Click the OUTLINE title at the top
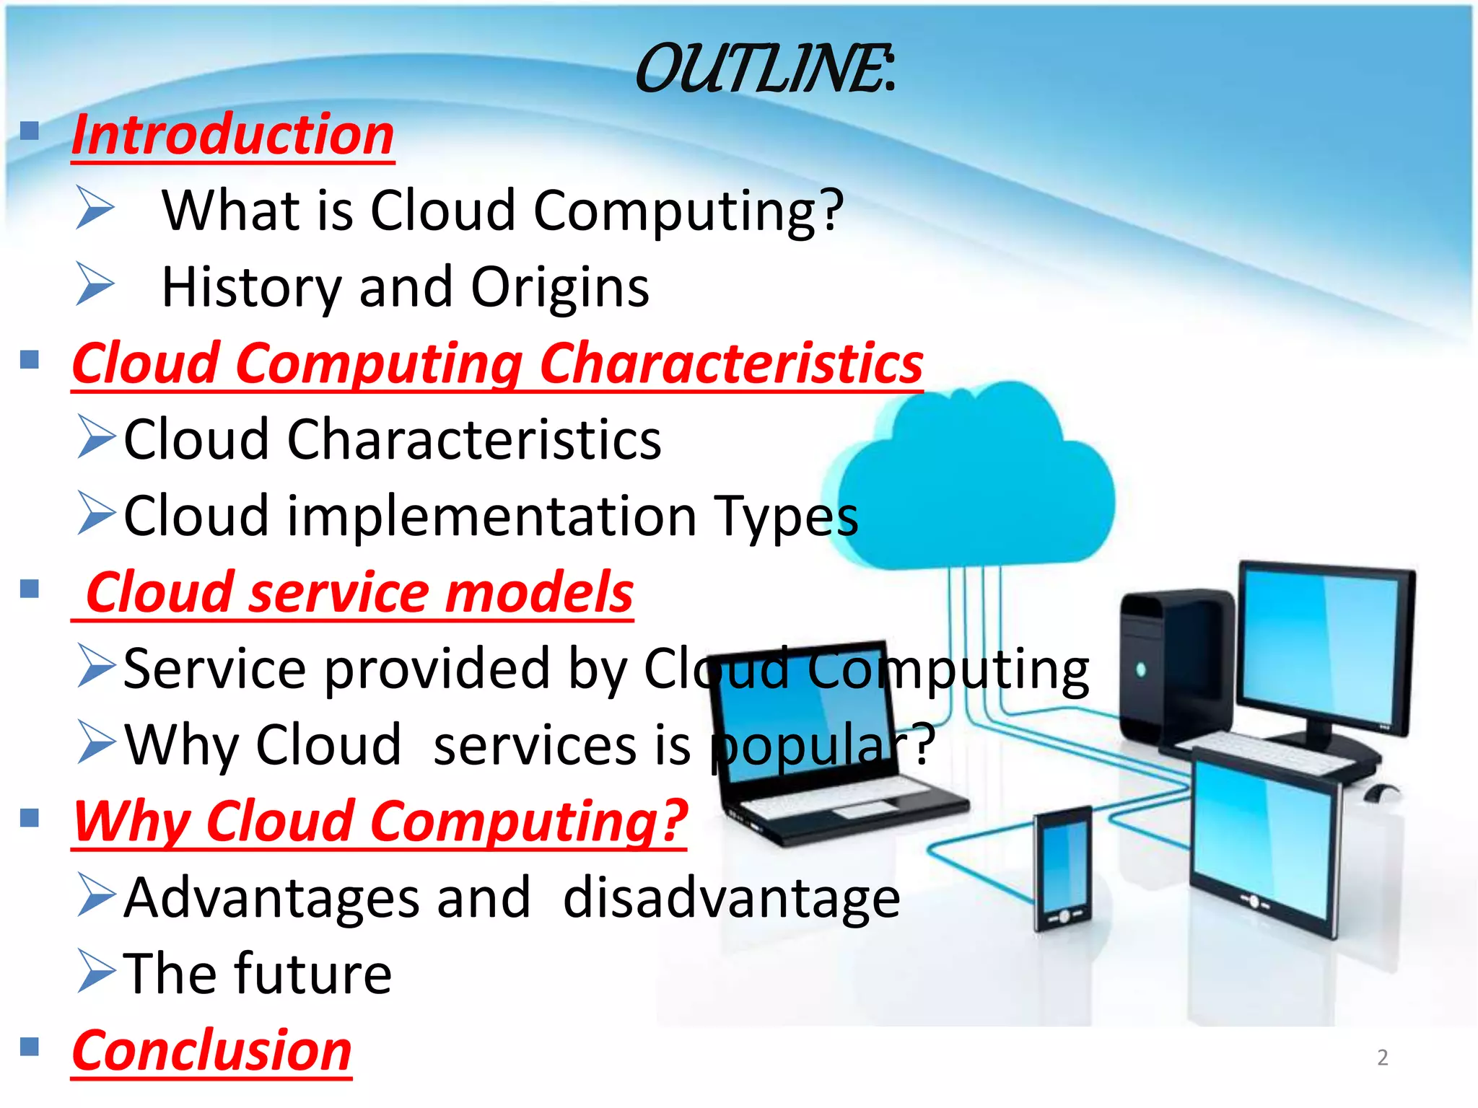point(765,69)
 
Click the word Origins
point(560,287)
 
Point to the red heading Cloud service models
point(359,593)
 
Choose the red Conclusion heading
point(211,1050)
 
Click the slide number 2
point(1382,1058)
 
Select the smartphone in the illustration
point(1062,869)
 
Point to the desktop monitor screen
point(1324,649)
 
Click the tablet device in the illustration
point(1263,844)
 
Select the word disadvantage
point(731,898)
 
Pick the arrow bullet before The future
point(96,972)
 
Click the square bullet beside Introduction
point(30,131)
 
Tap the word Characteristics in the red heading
point(730,364)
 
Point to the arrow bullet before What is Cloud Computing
point(95,208)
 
